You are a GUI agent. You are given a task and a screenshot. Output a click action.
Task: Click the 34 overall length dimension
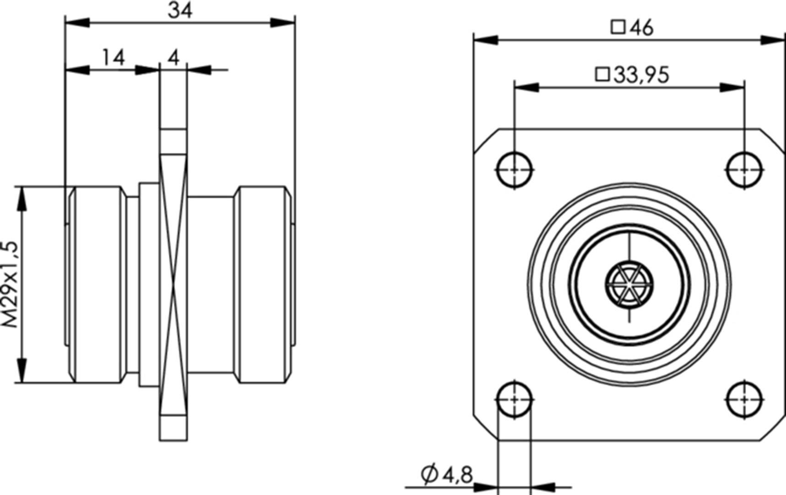(180, 10)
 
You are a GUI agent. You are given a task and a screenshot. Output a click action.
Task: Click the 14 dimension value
(113, 58)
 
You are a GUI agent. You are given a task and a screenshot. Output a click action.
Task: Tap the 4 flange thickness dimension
(173, 58)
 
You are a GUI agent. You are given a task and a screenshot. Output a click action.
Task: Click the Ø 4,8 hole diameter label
(447, 475)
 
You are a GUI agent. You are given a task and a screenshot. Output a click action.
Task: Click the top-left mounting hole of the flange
(515, 170)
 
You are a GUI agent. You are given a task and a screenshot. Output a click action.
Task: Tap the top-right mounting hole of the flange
(744, 170)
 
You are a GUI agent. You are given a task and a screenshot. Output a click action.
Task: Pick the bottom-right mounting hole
(744, 400)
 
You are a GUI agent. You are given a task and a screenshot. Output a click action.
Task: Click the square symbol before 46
(618, 27)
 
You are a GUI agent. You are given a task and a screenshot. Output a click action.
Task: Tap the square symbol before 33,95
(603, 74)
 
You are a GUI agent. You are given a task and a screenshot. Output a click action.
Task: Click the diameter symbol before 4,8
(430, 475)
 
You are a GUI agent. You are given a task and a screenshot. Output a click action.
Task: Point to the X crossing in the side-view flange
(173, 285)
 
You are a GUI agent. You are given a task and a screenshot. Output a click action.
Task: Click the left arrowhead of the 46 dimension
(485, 40)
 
